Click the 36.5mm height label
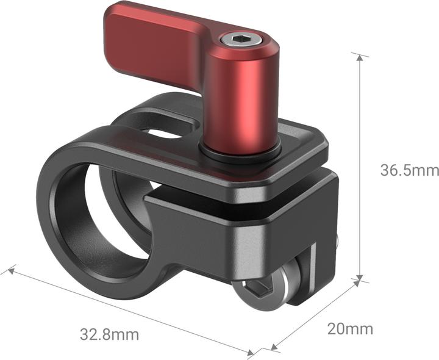click(x=409, y=170)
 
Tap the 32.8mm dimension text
click(x=109, y=334)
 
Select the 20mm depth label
click(x=350, y=329)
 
